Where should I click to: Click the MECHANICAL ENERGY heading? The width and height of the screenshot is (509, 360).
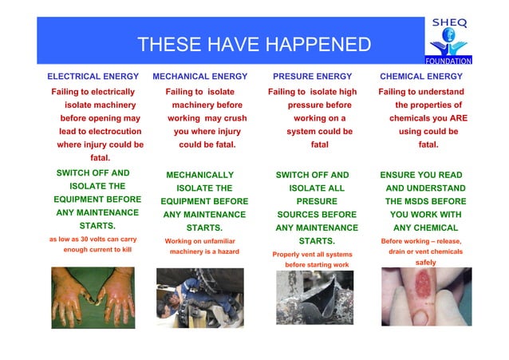pyautogui.click(x=199, y=77)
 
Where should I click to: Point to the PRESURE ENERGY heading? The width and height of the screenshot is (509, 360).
pyautogui.click(x=312, y=77)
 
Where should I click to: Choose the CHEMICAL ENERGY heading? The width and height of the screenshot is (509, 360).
pyautogui.click(x=420, y=77)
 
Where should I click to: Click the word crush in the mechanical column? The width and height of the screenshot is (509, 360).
pyautogui.click(x=232, y=118)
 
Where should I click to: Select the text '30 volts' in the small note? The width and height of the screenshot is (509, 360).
pyautogui.click(x=87, y=239)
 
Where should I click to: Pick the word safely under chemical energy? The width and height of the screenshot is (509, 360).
pyautogui.click(x=426, y=262)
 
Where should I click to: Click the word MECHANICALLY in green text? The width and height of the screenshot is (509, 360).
pyautogui.click(x=199, y=175)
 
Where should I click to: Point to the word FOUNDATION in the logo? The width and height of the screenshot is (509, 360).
pyautogui.click(x=449, y=60)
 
